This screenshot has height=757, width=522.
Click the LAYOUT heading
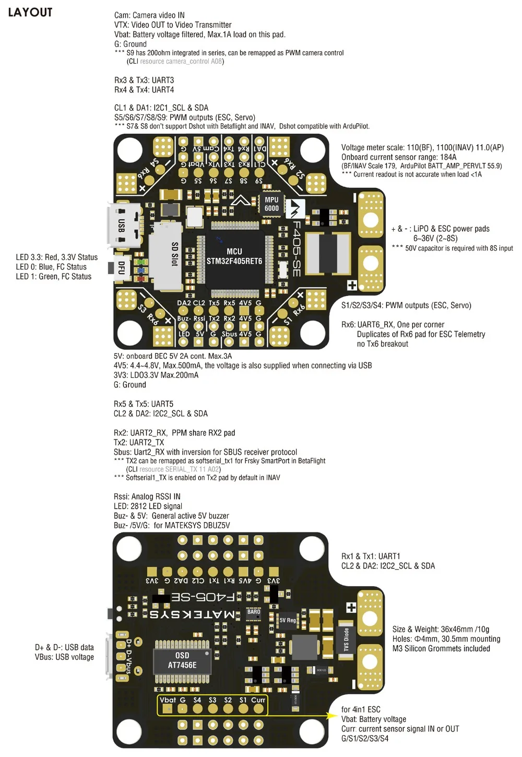pyautogui.click(x=30, y=13)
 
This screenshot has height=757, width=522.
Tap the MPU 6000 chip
pyautogui.click(x=271, y=204)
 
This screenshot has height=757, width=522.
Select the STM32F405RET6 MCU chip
pyautogui.click(x=234, y=256)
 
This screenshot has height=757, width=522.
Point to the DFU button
pyautogui.click(x=121, y=268)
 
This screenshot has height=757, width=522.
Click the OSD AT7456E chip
pyautogui.click(x=182, y=660)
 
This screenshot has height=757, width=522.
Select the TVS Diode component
pyautogui.click(x=346, y=640)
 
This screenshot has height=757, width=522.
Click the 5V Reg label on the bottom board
pyautogui.click(x=288, y=620)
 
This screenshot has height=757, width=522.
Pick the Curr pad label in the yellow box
pyautogui.click(x=258, y=700)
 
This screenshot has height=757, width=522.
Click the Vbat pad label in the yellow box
pyautogui.click(x=168, y=700)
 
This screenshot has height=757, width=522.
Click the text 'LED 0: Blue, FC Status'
pyautogui.click(x=51, y=267)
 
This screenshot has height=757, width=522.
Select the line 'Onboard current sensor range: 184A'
pyautogui.click(x=399, y=157)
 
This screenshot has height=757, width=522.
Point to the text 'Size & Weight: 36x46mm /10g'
pyautogui.click(x=441, y=629)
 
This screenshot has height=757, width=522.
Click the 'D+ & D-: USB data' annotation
pyautogui.click(x=64, y=647)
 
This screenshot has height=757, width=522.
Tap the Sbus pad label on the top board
pyautogui.click(x=229, y=334)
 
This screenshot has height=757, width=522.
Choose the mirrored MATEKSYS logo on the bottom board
pyautogui.click(x=192, y=614)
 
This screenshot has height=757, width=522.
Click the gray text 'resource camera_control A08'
pyautogui.click(x=181, y=62)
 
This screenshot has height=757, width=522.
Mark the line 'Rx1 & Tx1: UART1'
pyautogui.click(x=371, y=556)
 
